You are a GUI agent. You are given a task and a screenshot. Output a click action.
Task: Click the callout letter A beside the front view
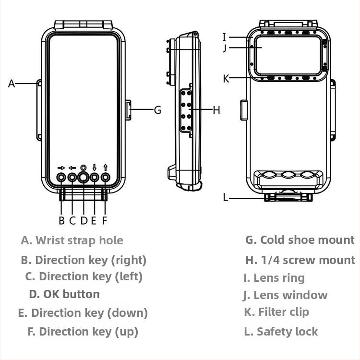(x=12, y=84)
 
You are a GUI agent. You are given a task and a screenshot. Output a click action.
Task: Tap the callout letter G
(x=157, y=110)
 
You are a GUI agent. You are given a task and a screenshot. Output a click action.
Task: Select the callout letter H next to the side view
(x=216, y=110)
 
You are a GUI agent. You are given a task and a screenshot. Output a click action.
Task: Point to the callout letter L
(x=226, y=197)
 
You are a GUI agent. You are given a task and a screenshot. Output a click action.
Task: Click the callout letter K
(x=226, y=79)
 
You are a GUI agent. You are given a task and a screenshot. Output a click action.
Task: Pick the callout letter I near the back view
(x=224, y=37)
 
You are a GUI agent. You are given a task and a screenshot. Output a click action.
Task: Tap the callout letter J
(x=224, y=48)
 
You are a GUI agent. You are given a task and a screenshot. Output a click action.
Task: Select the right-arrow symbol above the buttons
(x=61, y=168)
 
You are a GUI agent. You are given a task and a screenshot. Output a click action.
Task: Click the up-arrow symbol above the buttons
(x=105, y=167)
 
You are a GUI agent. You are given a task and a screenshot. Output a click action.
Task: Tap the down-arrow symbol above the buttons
(x=95, y=167)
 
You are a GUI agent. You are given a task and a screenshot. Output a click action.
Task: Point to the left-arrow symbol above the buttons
(x=72, y=168)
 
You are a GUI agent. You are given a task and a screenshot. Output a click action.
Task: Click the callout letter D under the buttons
(x=84, y=221)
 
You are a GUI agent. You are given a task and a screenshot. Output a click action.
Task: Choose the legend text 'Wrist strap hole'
(x=79, y=240)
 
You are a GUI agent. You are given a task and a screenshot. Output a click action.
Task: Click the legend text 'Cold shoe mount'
(x=307, y=240)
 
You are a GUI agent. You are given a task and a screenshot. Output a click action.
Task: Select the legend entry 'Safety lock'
(x=287, y=331)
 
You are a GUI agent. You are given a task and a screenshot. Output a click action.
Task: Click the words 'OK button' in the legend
(x=72, y=294)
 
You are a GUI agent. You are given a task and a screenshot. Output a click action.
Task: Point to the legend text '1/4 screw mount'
(x=307, y=260)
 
